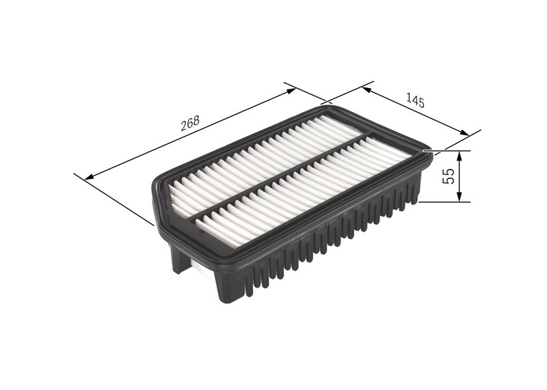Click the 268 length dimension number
coord(189,123)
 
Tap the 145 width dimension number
coord(415,102)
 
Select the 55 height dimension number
coord(449,177)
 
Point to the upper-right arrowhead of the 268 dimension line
coord(291,89)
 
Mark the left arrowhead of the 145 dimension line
coord(367,89)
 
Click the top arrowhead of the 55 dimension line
coord(460,155)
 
